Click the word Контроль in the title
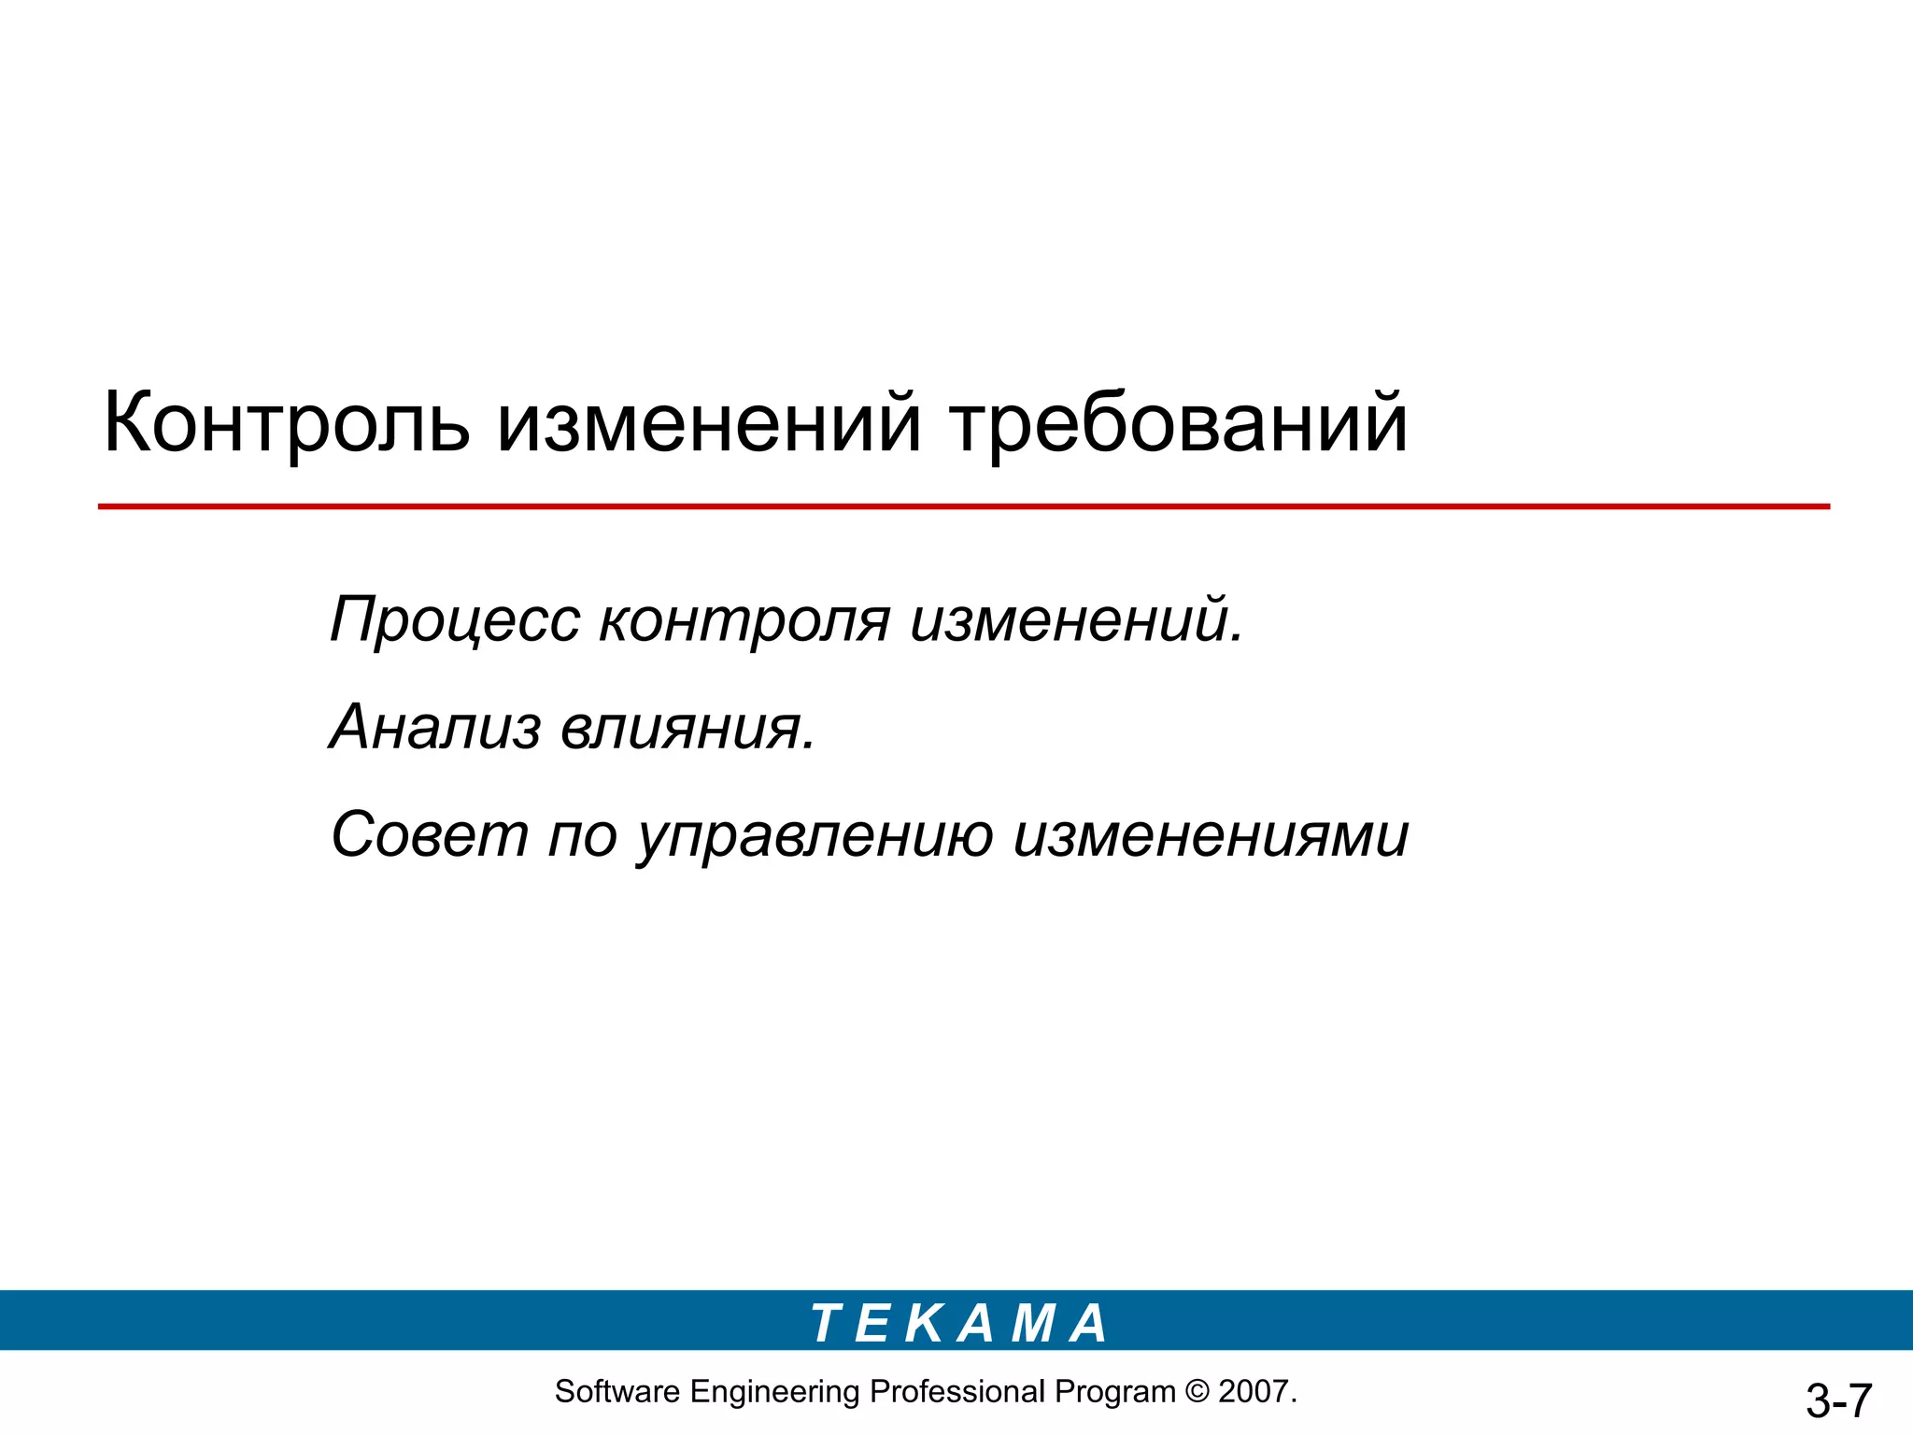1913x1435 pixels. [x=286, y=423]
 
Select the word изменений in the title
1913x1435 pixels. [x=709, y=423]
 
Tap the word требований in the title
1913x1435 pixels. [x=1179, y=423]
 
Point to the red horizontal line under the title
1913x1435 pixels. [x=962, y=506]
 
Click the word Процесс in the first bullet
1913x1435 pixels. [x=455, y=620]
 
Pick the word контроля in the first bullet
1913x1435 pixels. [x=744, y=620]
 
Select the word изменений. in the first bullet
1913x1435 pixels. [x=1076, y=620]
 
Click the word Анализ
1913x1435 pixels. [x=435, y=727]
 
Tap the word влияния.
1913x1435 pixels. [x=687, y=727]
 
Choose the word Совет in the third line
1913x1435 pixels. [x=430, y=834]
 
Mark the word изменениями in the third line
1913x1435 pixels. [x=1211, y=834]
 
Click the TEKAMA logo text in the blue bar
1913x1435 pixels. [x=958, y=1323]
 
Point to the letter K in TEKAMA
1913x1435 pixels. [x=926, y=1323]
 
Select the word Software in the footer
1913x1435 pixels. [x=617, y=1391]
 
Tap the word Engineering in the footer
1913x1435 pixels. [x=774, y=1392]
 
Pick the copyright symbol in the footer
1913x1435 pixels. [x=1197, y=1391]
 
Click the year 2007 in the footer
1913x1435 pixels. [x=1253, y=1391]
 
